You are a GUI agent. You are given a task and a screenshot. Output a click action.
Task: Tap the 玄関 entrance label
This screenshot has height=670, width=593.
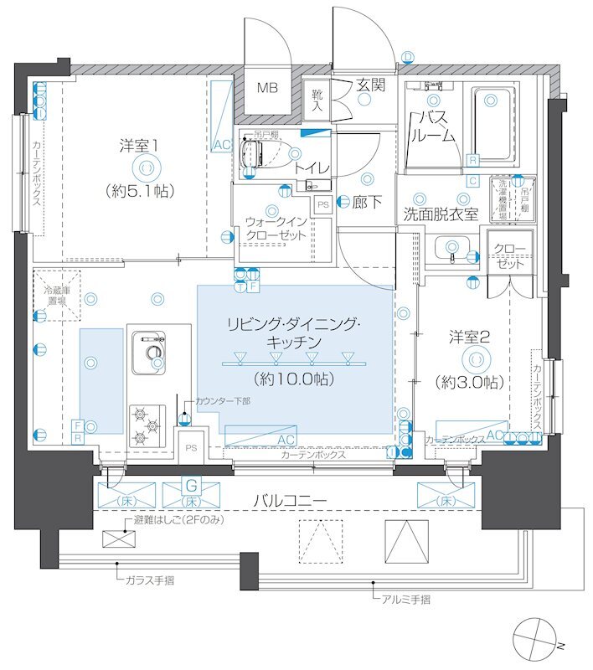[x=369, y=85]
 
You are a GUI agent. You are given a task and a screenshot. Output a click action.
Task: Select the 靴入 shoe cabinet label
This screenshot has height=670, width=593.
[x=317, y=100]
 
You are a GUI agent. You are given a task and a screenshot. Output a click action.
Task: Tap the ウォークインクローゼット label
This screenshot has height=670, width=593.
[x=276, y=228]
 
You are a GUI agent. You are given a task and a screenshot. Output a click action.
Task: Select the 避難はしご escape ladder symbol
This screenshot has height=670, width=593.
[x=115, y=538]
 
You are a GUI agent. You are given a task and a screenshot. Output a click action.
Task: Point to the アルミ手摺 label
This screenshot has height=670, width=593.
[x=405, y=599]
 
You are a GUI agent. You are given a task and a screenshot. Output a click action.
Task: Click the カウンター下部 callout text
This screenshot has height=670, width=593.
[x=222, y=402]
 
